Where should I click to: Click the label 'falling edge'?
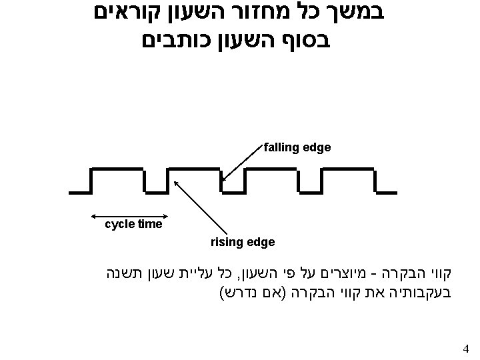pyautogui.click(x=297, y=147)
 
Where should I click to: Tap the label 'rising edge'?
pyautogui.click(x=242, y=242)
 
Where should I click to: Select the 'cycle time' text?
pyautogui.click(x=134, y=225)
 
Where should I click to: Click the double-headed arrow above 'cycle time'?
pyautogui.click(x=127, y=215)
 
